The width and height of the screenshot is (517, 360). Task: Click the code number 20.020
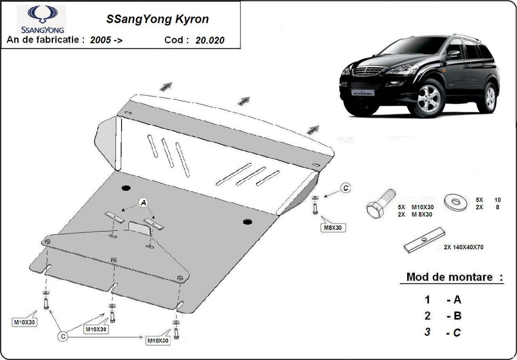click(x=209, y=40)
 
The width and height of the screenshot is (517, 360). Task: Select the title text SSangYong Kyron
click(x=158, y=19)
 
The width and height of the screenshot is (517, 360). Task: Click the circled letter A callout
click(x=143, y=202)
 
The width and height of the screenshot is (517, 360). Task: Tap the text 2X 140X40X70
click(x=464, y=247)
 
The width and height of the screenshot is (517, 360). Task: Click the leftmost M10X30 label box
click(x=25, y=323)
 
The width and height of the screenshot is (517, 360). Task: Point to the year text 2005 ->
click(x=106, y=40)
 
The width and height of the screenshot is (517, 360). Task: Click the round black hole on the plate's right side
click(x=247, y=222)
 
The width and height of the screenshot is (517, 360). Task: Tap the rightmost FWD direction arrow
click(x=312, y=129)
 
